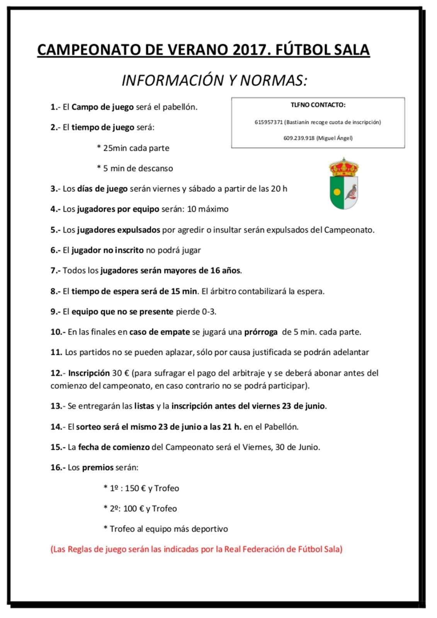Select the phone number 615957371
pyautogui.click(x=269, y=122)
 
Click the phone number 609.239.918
pyautogui.click(x=299, y=138)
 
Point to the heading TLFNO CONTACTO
pyautogui.click(x=318, y=105)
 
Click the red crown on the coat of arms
pyautogui.click(x=343, y=167)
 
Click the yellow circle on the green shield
pyautogui.click(x=337, y=191)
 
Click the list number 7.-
pyautogui.click(x=55, y=271)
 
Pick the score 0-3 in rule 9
pyautogui.click(x=209, y=312)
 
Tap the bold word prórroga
pyautogui.click(x=261, y=332)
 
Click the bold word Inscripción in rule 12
pyautogui.click(x=89, y=373)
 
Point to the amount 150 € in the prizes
pyautogui.click(x=135, y=488)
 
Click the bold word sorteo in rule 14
pyautogui.click(x=88, y=427)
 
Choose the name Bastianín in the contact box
pyautogui.click(x=299, y=122)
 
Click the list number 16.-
pyautogui.click(x=58, y=468)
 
